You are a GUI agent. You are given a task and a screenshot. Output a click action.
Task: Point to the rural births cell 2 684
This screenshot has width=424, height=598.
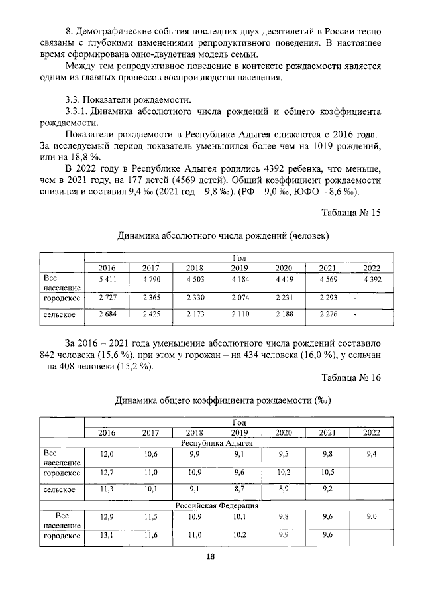107,314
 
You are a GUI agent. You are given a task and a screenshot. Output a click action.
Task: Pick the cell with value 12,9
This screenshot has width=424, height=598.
107,517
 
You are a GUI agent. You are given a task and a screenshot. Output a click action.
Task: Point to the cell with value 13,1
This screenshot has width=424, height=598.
107,535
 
